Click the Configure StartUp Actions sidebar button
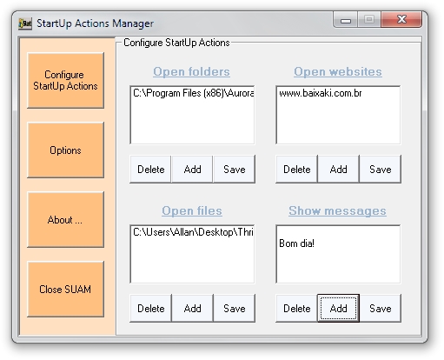(65, 80)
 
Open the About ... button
(65, 219)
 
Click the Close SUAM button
(65, 289)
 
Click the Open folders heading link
(191, 71)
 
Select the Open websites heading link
(338, 71)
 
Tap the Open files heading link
(192, 210)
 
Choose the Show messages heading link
(337, 210)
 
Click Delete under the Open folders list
(150, 169)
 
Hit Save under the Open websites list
(380, 169)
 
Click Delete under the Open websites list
(296, 169)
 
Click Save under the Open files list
(234, 308)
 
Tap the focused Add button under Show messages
(338, 308)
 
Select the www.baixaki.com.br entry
(321, 93)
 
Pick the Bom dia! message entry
(296, 243)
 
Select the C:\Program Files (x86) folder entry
(194, 93)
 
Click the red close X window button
(401, 19)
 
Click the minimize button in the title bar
(346, 20)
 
